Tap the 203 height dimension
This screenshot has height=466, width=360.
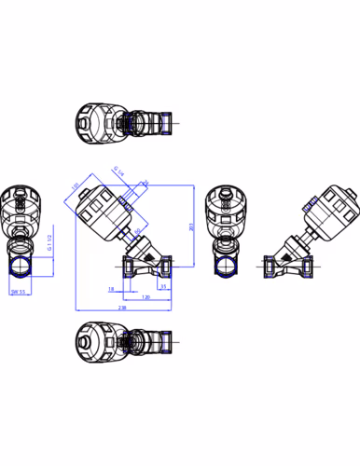click(x=191, y=226)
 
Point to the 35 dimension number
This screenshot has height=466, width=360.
click(x=163, y=286)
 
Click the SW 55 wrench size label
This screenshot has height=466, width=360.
click(x=17, y=292)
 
